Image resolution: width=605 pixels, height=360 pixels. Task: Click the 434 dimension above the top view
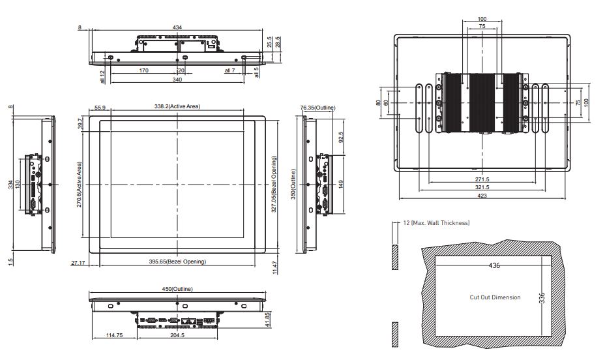pos(177,27)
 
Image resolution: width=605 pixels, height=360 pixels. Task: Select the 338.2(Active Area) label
pos(177,106)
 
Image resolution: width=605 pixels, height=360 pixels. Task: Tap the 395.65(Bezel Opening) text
pos(177,262)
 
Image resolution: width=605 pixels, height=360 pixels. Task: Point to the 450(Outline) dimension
pos(177,289)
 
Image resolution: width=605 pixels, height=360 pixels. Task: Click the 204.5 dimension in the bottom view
pos(177,335)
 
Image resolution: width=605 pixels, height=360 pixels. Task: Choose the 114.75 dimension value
pos(114,335)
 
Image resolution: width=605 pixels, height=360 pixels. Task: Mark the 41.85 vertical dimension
pos(268,320)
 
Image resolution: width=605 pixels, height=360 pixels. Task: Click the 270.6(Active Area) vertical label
pos(79,185)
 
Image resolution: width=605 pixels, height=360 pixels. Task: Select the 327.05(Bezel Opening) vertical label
pos(274,184)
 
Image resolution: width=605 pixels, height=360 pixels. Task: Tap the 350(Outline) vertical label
pos(293,184)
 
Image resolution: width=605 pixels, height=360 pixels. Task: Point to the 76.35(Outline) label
pos(318,108)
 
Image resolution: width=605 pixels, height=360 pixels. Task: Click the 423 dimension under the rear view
pos(482,196)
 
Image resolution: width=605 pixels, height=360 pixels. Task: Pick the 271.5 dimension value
pos(482,179)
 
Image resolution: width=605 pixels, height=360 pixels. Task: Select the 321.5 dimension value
pos(482,187)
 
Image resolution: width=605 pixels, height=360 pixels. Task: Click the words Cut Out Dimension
pos(495,297)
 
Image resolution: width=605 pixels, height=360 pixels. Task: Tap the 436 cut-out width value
pos(494,265)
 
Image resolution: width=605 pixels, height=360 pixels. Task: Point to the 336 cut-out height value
pos(542,298)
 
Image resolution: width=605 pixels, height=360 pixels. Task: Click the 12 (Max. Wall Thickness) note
pos(436,222)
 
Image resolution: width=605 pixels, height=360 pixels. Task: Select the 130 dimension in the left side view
pos(17,185)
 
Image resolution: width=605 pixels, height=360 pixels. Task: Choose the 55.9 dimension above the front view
pos(100,108)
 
